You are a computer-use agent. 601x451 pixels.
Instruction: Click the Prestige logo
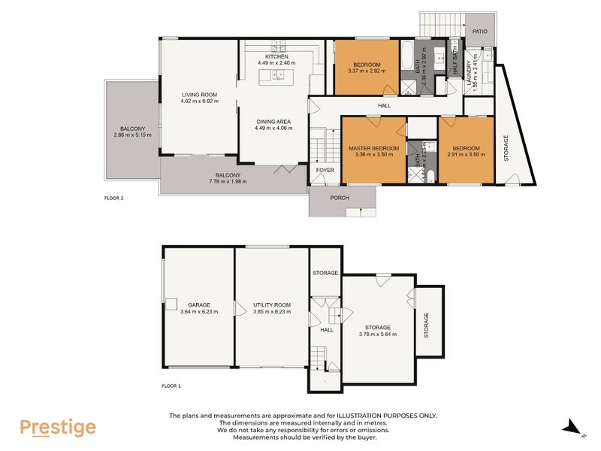58,428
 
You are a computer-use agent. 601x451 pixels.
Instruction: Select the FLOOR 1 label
172,386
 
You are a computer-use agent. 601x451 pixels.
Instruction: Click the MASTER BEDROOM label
373,148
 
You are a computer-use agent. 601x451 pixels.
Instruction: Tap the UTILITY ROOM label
271,304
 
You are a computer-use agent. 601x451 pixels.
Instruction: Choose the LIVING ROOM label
199,94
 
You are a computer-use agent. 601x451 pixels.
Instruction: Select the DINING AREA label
273,121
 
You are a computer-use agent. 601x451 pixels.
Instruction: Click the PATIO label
480,31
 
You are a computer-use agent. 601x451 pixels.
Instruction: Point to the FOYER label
325,170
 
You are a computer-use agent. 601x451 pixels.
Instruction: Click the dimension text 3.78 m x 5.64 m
378,334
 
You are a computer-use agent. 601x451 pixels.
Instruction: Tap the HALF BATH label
454,60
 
